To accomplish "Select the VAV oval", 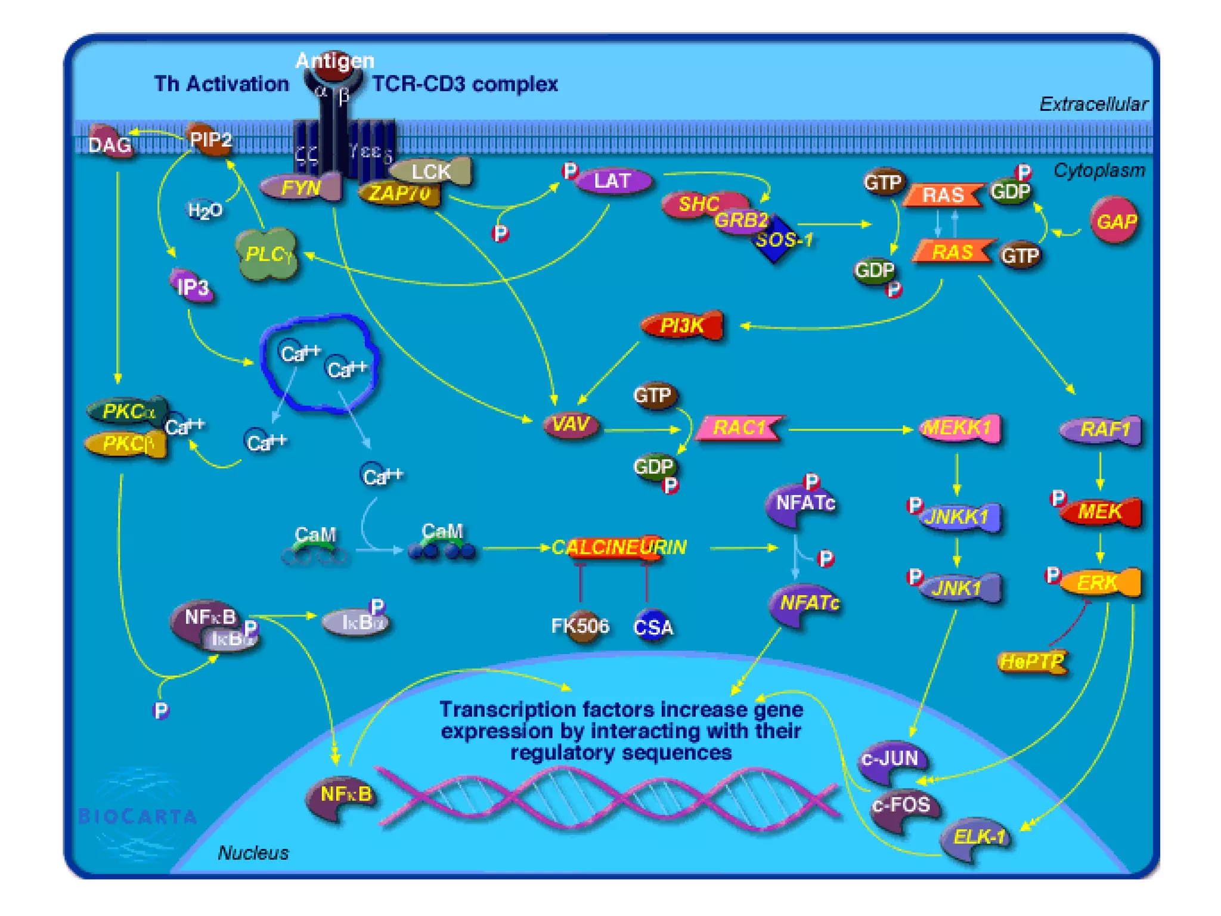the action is [571, 425].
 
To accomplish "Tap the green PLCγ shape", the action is [267, 255].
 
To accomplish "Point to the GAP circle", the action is [1115, 222].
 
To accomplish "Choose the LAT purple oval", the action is [613, 181].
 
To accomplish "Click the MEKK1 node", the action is [959, 428].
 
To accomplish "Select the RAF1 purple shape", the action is [1104, 429].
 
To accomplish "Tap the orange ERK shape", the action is [1101, 582].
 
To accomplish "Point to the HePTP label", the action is [1032, 661].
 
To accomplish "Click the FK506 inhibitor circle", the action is [580, 626].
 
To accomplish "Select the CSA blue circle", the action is [653, 627].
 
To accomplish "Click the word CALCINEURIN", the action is [619, 547].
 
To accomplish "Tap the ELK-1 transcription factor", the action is [978, 837].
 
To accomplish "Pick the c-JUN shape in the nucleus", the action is [891, 760].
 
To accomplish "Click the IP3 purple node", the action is [193, 287].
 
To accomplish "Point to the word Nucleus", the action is [253, 853].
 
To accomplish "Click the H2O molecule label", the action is [204, 211].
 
